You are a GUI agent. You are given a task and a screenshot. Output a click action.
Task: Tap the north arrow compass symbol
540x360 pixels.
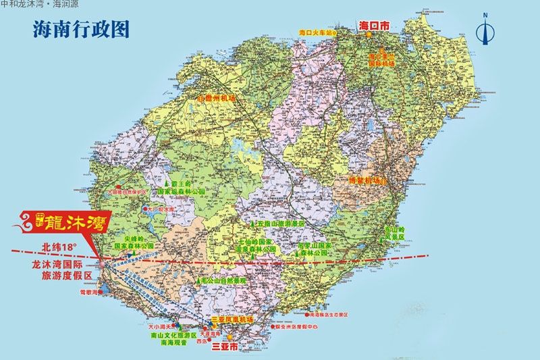click(484, 31)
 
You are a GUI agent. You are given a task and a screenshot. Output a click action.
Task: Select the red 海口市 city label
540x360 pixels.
click(376, 26)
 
